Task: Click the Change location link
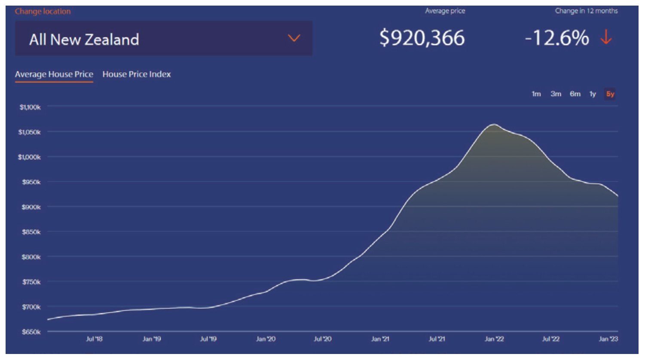pyautogui.click(x=43, y=12)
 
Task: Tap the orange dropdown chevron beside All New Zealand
pyautogui.click(x=294, y=38)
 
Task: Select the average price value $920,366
pyautogui.click(x=422, y=38)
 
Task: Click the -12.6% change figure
pyautogui.click(x=557, y=38)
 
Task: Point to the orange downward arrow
pyautogui.click(x=606, y=37)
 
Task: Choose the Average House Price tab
pyautogui.click(x=54, y=74)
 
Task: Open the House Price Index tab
pyautogui.click(x=137, y=74)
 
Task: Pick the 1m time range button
pyautogui.click(x=536, y=94)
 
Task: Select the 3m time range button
pyautogui.click(x=556, y=94)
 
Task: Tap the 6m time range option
pyautogui.click(x=575, y=94)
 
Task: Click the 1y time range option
pyautogui.click(x=593, y=94)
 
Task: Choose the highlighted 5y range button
pyautogui.click(x=610, y=94)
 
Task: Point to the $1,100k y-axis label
pyautogui.click(x=30, y=107)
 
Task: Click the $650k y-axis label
pyautogui.click(x=31, y=332)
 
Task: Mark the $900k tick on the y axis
pyautogui.click(x=31, y=207)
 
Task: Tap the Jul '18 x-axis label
pyautogui.click(x=94, y=339)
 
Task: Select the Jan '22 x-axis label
pyautogui.click(x=494, y=339)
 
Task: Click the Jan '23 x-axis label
pyautogui.click(x=608, y=339)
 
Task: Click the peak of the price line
pyautogui.click(x=494, y=124)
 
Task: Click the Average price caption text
pyautogui.click(x=445, y=11)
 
